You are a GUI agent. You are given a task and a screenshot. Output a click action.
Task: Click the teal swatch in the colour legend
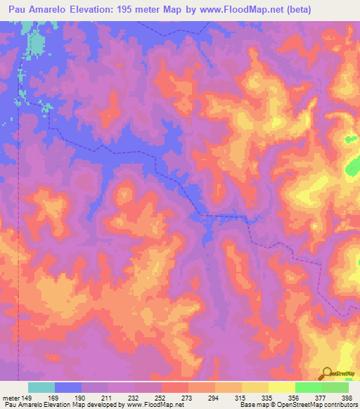pyautogui.click(x=41, y=388)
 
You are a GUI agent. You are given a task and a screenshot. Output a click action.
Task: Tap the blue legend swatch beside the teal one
pyautogui.click(x=68, y=388)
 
